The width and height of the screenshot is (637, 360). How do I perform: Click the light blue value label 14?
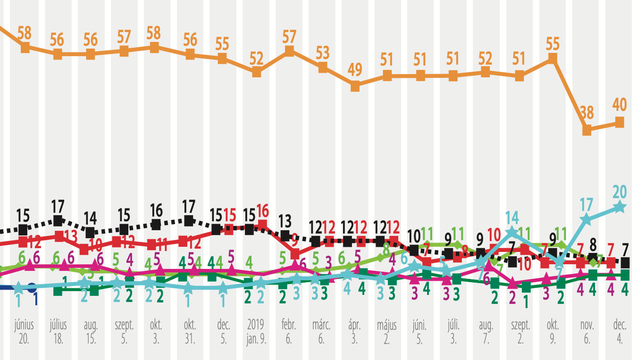(x=512, y=218)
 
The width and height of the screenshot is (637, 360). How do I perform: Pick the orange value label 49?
(x=355, y=70)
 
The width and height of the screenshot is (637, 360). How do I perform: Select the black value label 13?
(x=284, y=220)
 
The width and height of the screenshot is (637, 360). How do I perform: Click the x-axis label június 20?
(x=25, y=332)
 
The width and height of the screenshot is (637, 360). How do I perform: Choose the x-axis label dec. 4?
(x=620, y=332)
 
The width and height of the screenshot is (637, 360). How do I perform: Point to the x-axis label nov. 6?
(x=587, y=332)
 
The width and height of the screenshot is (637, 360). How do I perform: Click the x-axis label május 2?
(x=387, y=332)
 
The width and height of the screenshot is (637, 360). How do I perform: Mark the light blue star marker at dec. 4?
(x=620, y=207)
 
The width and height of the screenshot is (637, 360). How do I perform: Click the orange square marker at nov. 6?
(x=587, y=130)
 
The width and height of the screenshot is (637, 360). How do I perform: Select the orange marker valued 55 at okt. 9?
(x=553, y=59)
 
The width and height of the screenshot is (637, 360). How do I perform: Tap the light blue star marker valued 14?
(x=512, y=232)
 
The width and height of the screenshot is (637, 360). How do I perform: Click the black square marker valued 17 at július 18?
(x=58, y=220)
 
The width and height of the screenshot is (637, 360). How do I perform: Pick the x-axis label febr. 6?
(x=289, y=332)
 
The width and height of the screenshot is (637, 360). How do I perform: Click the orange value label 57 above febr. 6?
(x=289, y=35)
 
